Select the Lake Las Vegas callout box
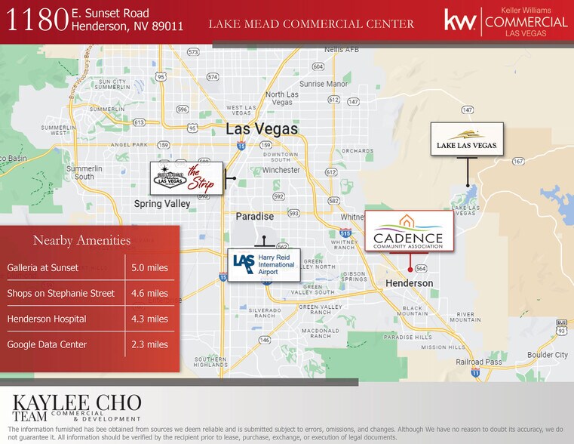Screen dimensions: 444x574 pyautogui.click(x=467, y=139)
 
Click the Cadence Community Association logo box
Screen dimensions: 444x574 pyautogui.click(x=409, y=231)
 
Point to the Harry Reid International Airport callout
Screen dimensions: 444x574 pyautogui.click(x=264, y=265)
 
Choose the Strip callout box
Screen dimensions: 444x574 pyautogui.click(x=186, y=178)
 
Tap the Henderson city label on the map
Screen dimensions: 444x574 pyautogui.click(x=410, y=283)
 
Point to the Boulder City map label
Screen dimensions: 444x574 pyautogui.click(x=548, y=355)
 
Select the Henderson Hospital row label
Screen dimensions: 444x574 pyautogui.click(x=47, y=319)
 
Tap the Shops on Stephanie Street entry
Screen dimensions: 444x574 pyautogui.click(x=61, y=294)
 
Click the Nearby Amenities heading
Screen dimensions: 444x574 pyautogui.click(x=81, y=241)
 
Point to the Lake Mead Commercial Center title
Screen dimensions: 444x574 pyautogui.click(x=311, y=24)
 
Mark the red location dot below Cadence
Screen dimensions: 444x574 pyautogui.click(x=410, y=268)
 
